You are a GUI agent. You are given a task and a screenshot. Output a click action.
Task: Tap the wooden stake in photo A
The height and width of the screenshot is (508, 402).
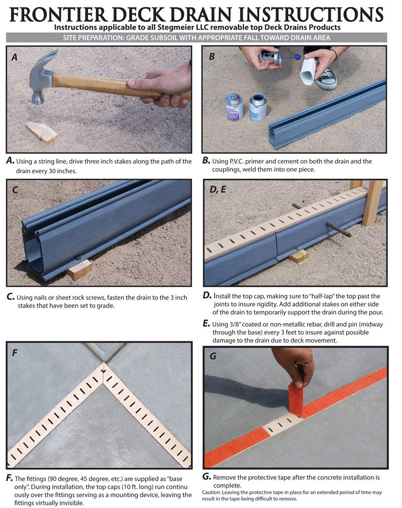coord(42,133)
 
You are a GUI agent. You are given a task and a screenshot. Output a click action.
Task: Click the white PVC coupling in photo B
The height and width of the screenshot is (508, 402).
coord(310,71)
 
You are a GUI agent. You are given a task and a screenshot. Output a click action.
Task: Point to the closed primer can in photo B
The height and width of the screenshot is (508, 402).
coord(234,107)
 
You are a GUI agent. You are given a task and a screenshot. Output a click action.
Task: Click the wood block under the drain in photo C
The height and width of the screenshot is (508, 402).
coord(80,269)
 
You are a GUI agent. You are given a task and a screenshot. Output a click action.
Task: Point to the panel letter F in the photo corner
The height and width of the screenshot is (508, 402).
coord(15,352)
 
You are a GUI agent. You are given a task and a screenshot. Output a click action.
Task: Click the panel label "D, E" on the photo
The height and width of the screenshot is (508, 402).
coord(218,190)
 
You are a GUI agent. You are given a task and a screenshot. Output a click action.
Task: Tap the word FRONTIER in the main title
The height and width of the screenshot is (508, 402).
coord(58,14)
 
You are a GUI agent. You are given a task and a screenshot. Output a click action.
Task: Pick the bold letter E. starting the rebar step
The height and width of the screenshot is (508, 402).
coord(206,324)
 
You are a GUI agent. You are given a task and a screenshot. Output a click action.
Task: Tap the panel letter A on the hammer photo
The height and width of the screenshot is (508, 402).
coord(14,58)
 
